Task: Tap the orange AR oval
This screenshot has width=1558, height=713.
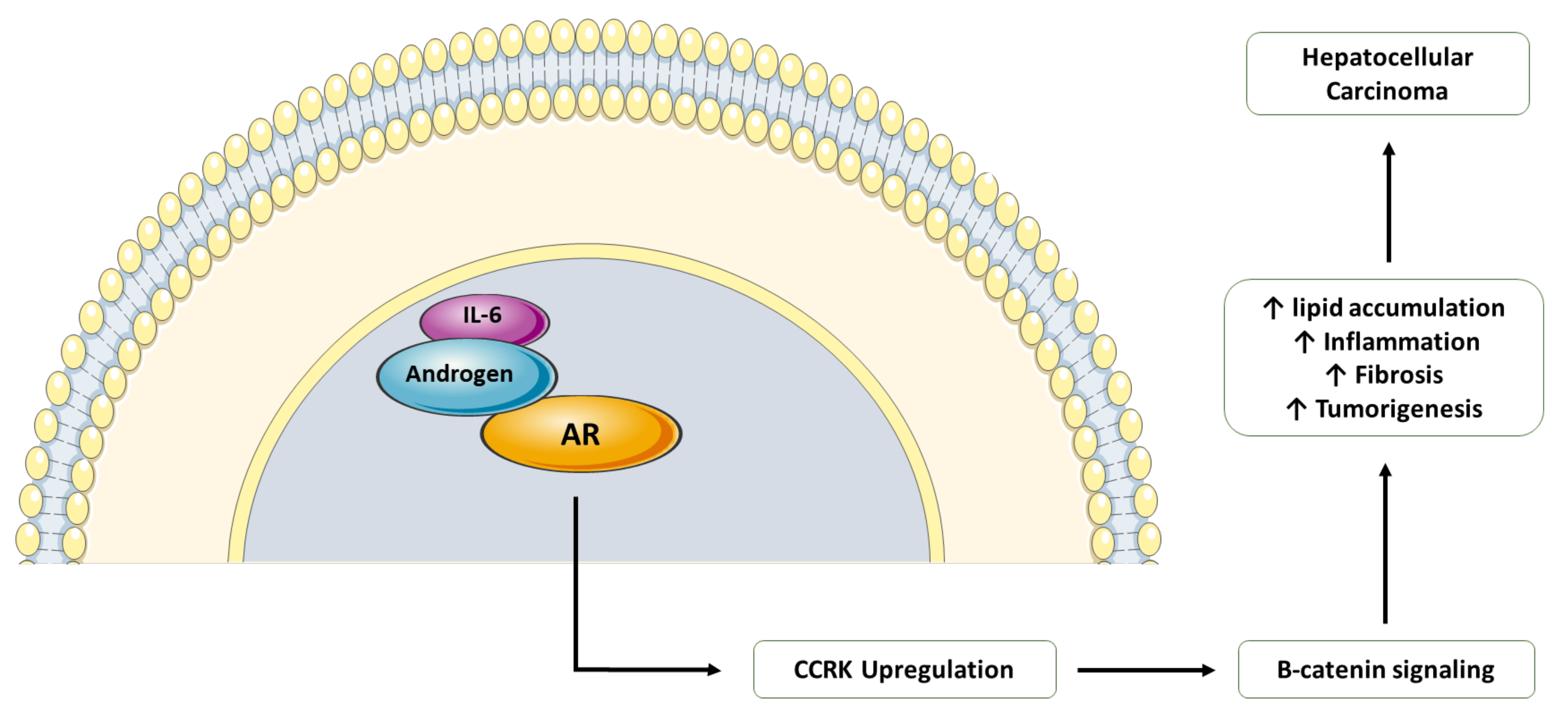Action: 581,434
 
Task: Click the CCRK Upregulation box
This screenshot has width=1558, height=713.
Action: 904,670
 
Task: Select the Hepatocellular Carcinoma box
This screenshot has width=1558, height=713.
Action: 1388,74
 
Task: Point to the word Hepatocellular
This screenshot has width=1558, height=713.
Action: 1388,57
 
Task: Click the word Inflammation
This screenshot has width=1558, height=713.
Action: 1402,342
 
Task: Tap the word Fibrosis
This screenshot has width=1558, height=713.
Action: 1398,375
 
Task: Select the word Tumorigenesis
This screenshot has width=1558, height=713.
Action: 1398,409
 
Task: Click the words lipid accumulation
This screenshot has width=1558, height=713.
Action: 1398,308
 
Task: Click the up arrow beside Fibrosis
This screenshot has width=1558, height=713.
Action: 1335,375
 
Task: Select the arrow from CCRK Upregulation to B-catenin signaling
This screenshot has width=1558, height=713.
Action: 1146,670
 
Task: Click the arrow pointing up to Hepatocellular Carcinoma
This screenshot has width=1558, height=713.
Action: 1389,203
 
